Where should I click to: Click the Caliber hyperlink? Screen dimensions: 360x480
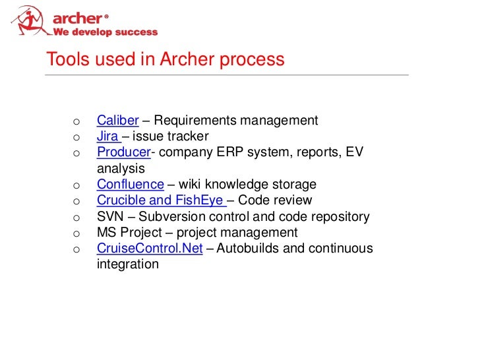pos(117,121)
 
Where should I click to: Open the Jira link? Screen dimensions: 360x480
pos(107,136)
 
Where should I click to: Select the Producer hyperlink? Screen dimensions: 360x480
pos(123,152)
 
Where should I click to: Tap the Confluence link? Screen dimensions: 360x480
pos(130,185)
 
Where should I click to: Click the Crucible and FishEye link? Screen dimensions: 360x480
pos(161,200)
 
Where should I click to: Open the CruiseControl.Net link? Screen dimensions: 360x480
pos(149,249)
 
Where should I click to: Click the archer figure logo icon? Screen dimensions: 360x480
pos(29,20)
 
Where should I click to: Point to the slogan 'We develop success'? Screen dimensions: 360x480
pos(105,32)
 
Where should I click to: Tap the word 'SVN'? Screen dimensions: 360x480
pos(109,216)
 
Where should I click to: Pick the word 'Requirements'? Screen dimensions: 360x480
pos(195,121)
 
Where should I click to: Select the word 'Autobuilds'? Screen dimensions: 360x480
pos(250,249)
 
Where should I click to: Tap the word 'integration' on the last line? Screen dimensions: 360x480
pos(127,264)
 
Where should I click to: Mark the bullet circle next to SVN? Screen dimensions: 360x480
pos(76,218)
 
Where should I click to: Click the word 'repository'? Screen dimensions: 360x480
pos(339,216)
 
